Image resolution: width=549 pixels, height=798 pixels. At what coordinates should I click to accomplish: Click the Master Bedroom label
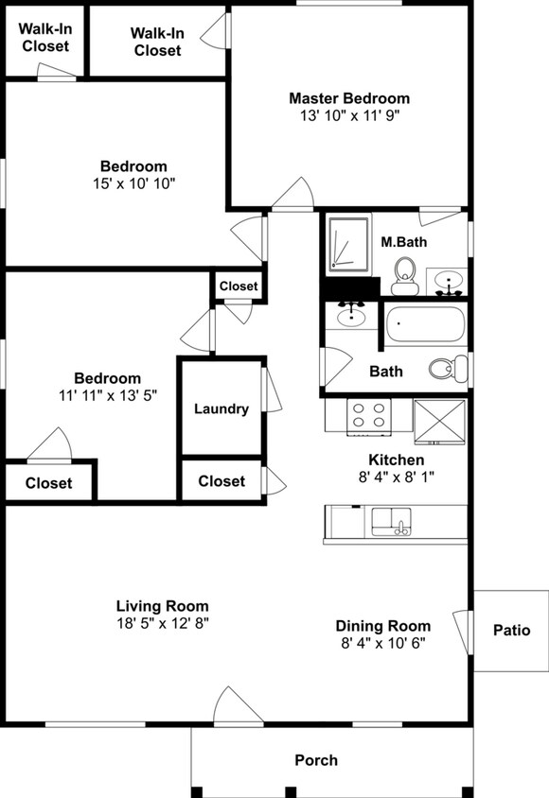349,97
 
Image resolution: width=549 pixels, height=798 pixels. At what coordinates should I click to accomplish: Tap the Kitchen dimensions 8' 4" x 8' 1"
397,477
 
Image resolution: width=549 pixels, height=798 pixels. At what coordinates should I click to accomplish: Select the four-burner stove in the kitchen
369,417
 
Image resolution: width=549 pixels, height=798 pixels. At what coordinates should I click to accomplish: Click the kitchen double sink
391,521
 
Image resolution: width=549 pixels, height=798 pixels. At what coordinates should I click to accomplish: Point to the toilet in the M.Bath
405,276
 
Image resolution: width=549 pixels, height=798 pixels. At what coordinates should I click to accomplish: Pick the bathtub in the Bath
425,324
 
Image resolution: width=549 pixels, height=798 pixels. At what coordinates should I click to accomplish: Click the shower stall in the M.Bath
349,244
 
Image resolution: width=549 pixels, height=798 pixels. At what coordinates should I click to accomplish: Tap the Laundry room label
221,408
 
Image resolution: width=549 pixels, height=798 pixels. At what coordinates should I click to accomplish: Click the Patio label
512,630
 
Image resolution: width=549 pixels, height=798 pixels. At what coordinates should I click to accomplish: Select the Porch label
316,760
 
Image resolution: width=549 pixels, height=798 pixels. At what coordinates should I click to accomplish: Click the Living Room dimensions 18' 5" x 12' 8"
163,623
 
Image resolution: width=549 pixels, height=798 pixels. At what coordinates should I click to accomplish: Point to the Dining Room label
383,626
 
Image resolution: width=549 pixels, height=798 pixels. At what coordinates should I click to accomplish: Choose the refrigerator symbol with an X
439,422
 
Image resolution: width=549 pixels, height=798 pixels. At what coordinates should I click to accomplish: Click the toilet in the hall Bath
449,368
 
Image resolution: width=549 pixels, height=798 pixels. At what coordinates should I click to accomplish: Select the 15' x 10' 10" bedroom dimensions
134,183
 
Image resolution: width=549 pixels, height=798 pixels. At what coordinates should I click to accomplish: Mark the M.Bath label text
404,242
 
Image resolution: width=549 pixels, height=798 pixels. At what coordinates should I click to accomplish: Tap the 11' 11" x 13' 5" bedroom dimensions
108,395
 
